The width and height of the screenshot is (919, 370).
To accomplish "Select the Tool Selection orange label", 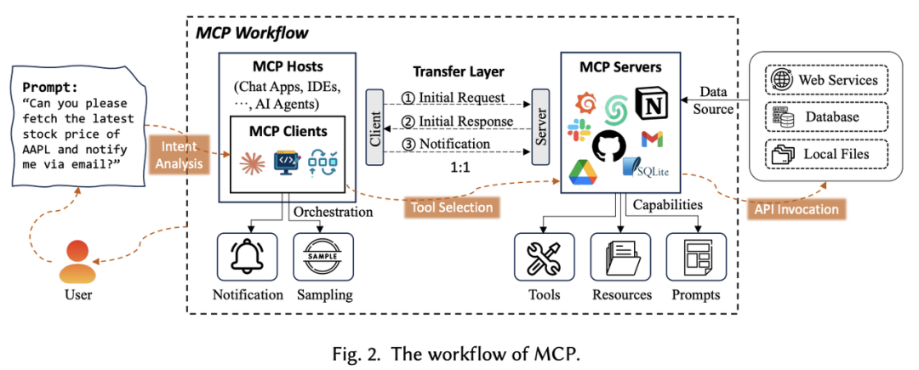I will (451, 207).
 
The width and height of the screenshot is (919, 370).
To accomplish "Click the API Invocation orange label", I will (796, 209).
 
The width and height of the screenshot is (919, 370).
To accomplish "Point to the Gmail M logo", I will (654, 139).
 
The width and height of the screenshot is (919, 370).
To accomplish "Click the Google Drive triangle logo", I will (584, 171).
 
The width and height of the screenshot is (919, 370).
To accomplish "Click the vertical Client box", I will (374, 130).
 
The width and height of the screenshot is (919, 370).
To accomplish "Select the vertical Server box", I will (539, 130).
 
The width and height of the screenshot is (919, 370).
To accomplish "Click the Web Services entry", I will (826, 81).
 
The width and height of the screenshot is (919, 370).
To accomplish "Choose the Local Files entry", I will (826, 154).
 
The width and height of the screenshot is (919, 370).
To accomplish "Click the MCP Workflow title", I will (252, 34).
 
